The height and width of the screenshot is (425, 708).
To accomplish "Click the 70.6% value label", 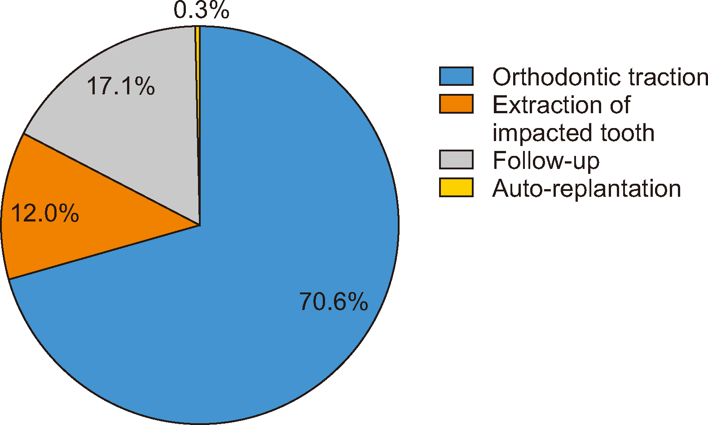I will pos(334,301).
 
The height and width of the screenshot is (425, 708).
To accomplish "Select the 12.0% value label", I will pos(44,213).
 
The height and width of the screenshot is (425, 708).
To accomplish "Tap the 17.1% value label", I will pos(121,86).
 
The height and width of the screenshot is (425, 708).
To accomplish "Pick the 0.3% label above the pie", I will pos(202,10).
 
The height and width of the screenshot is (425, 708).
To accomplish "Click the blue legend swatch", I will pos(456,76).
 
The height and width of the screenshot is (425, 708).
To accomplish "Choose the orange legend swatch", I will pos(456,104).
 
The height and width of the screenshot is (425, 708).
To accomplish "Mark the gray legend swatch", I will pos(456,159).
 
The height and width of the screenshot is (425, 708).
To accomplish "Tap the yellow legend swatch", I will pos(456,187).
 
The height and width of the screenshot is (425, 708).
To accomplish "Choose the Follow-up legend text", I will pos(546,161).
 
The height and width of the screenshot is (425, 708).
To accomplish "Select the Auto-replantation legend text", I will pos(586,189).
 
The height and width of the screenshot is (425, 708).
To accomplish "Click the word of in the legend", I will pos(620,105).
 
